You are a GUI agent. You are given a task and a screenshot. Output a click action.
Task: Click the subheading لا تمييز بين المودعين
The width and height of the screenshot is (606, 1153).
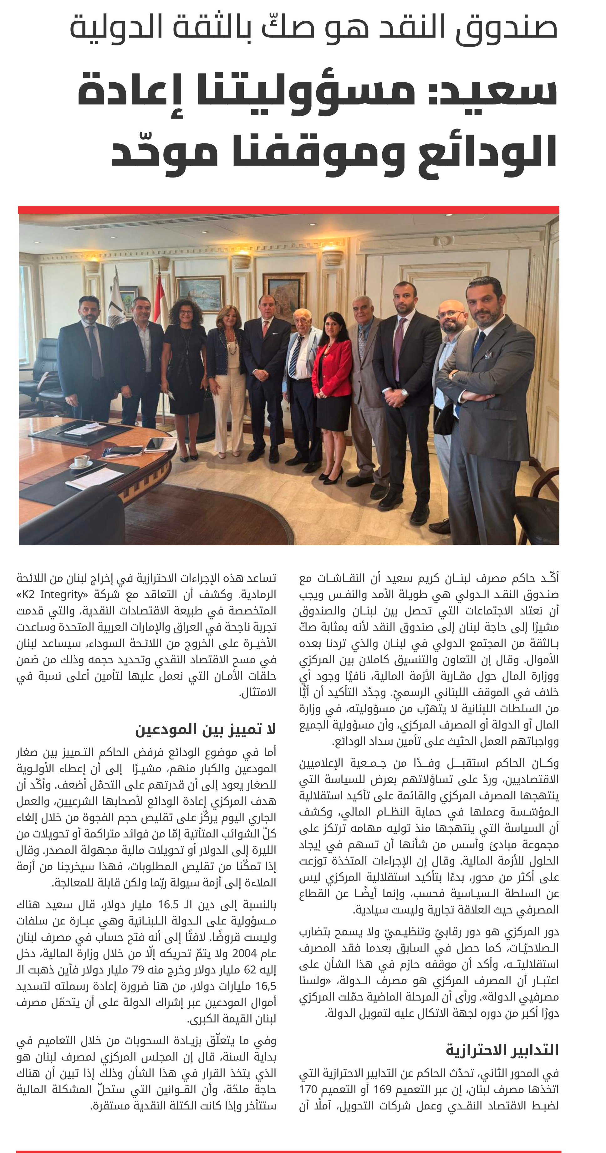click(x=206, y=729)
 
